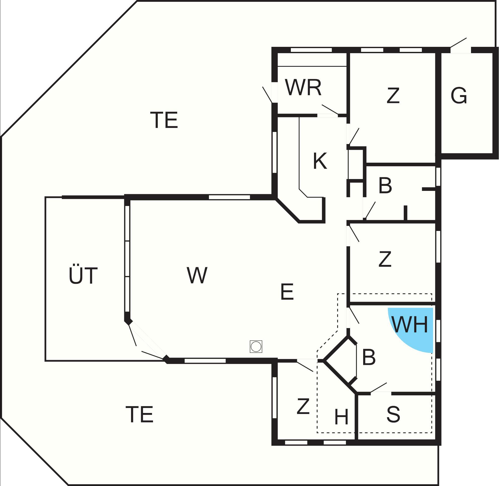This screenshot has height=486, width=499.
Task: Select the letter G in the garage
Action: click(x=459, y=96)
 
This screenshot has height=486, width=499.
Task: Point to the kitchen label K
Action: click(x=320, y=161)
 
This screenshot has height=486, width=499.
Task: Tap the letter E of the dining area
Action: click(x=287, y=292)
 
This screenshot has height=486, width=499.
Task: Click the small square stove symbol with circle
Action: click(x=256, y=347)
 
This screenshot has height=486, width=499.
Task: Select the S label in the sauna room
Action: click(x=393, y=414)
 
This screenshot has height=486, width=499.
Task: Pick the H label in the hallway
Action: click(x=341, y=417)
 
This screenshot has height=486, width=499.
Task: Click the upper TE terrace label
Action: click(x=164, y=120)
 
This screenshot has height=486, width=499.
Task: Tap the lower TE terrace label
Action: click(x=140, y=414)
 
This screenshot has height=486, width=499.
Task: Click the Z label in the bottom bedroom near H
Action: click(x=303, y=406)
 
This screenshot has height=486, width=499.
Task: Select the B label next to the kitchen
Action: click(x=385, y=186)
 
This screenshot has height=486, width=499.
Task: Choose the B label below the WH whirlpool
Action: click(x=369, y=357)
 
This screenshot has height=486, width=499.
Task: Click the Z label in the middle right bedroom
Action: click(x=385, y=259)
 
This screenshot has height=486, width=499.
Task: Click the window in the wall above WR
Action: click(x=311, y=50)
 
